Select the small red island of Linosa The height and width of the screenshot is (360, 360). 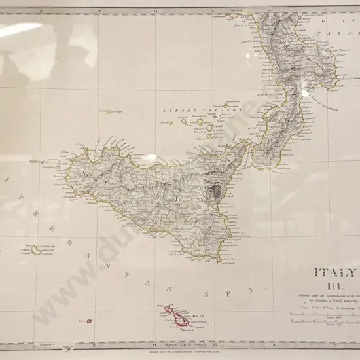(x=89, y=321)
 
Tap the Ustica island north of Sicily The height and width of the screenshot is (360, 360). (x=109, y=112)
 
